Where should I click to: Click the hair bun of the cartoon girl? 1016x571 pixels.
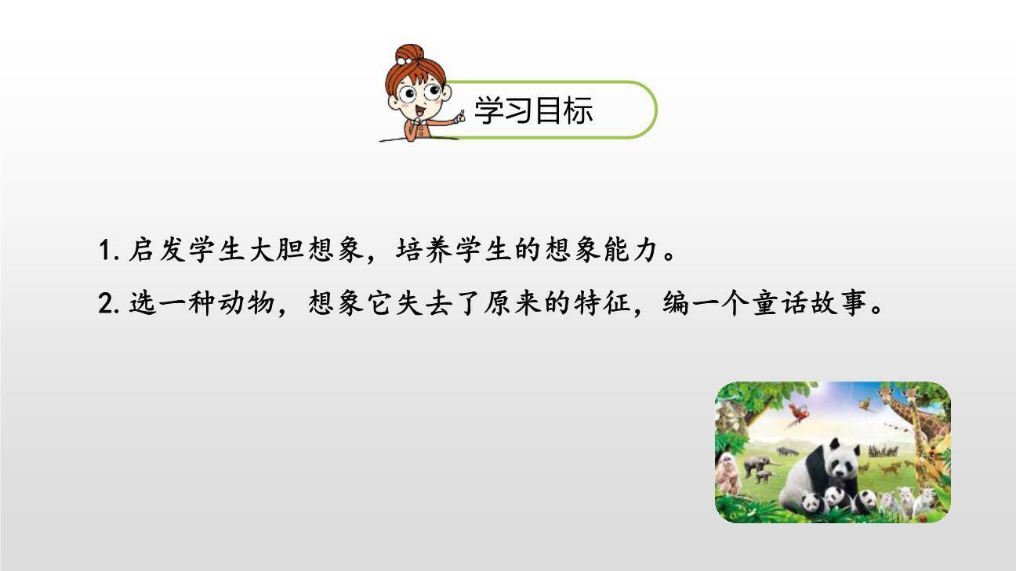pos(408,54)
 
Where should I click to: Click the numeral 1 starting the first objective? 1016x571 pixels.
pos(106,252)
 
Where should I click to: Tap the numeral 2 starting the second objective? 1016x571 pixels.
pos(106,303)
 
